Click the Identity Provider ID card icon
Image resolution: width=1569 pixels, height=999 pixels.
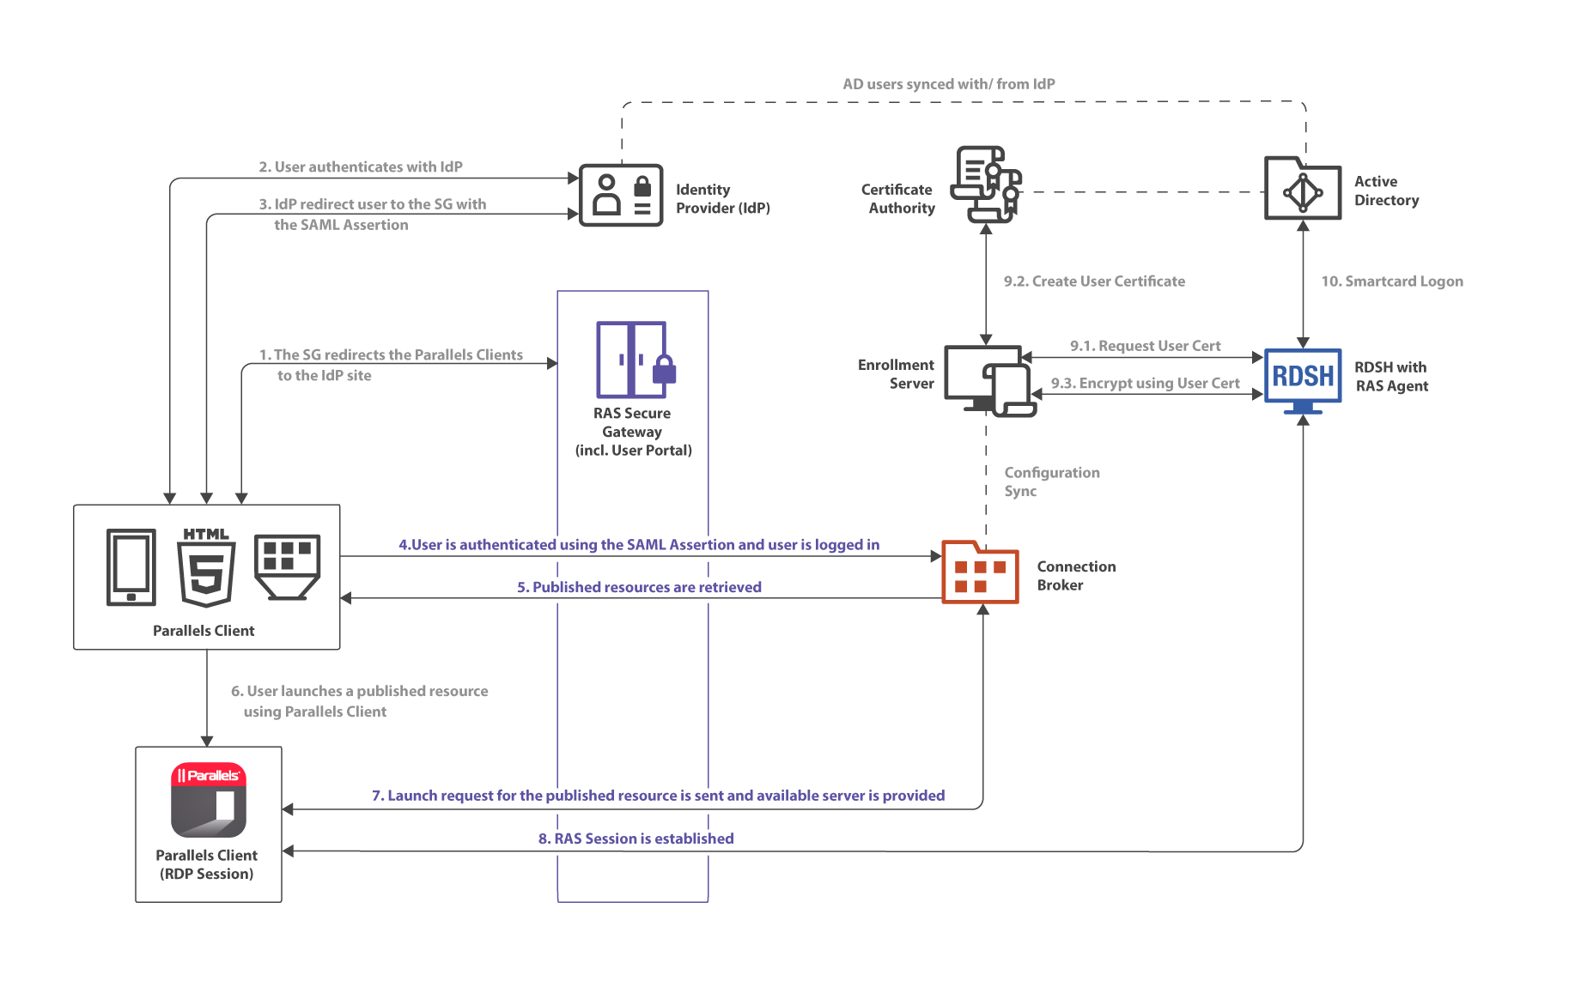[x=620, y=196]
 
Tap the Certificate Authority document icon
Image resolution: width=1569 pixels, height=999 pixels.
[x=986, y=184]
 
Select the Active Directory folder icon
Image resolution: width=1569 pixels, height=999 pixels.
[x=1302, y=189]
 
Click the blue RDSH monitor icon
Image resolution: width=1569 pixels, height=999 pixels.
[x=1302, y=378]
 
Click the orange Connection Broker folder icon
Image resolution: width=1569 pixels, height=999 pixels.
[x=980, y=572]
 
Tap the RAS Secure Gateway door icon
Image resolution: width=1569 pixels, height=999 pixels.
[x=632, y=359]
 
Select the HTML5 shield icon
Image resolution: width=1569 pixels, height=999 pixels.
[x=206, y=567]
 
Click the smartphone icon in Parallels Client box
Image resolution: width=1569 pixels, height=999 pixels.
[x=131, y=567]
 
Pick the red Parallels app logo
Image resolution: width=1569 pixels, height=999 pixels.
[x=209, y=799]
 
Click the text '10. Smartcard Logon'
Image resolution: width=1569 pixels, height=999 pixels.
[x=1391, y=282]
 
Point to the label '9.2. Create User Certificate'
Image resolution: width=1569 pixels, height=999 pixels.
[x=1093, y=282]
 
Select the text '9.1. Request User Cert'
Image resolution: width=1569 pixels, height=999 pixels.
[x=1145, y=346]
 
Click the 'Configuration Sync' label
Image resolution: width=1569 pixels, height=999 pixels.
[x=1050, y=481]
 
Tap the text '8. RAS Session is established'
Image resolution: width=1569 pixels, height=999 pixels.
[x=636, y=839]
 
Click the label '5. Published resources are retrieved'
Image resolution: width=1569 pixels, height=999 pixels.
[x=639, y=587]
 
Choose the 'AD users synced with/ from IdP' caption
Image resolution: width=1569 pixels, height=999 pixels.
[x=948, y=84]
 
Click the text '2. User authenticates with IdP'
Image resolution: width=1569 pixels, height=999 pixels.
[x=361, y=167]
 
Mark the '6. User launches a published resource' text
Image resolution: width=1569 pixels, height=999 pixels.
[x=359, y=692]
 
